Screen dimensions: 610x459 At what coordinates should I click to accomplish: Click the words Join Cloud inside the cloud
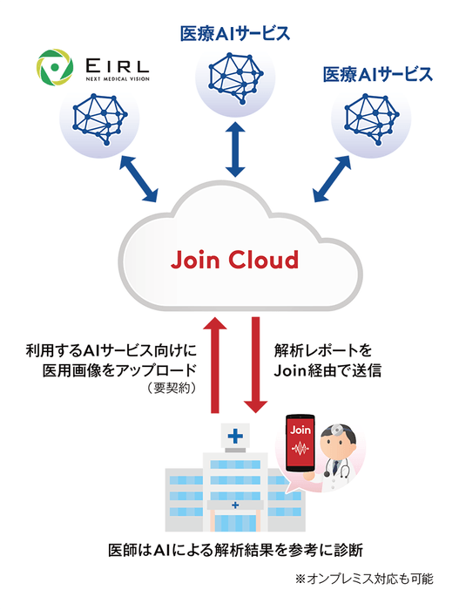(233, 260)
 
